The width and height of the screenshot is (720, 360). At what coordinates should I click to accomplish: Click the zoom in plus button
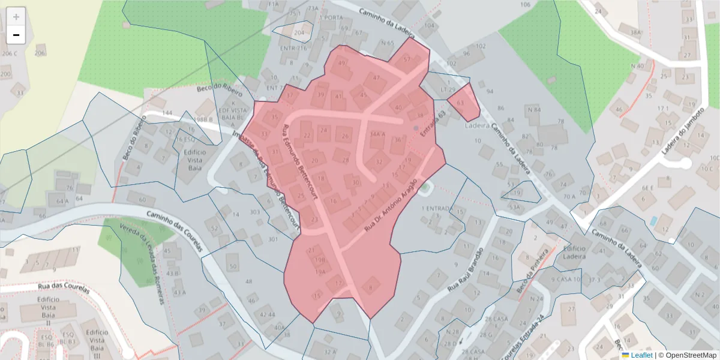point(16,17)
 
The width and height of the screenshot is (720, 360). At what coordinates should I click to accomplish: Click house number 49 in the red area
point(342,63)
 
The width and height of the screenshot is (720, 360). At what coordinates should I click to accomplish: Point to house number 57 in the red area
point(407,59)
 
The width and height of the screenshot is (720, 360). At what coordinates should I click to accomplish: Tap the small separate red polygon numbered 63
point(462,103)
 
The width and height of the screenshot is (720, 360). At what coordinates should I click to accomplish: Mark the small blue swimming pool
point(653,221)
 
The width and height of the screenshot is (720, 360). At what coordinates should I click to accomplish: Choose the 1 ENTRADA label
point(435,208)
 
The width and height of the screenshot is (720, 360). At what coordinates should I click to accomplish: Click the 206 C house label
point(8,53)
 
